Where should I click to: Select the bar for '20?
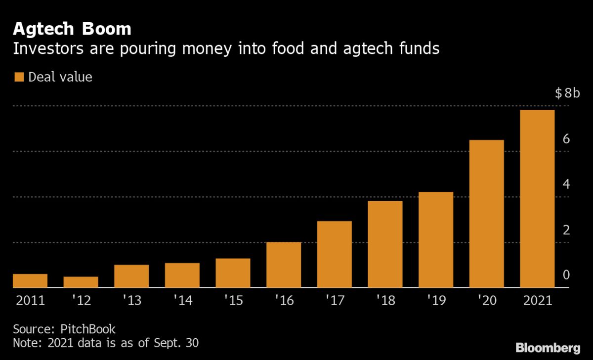486,214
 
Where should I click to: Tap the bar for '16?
284,265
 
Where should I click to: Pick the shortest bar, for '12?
81,282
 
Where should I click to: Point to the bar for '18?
385,244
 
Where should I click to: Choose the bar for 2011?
30,281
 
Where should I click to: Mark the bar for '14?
182,275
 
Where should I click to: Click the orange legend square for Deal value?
19,77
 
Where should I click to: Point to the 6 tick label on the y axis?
566,139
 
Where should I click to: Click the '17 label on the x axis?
334,301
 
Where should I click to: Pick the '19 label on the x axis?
435,301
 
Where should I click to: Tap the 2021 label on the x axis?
537,301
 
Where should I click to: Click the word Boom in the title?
106,29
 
